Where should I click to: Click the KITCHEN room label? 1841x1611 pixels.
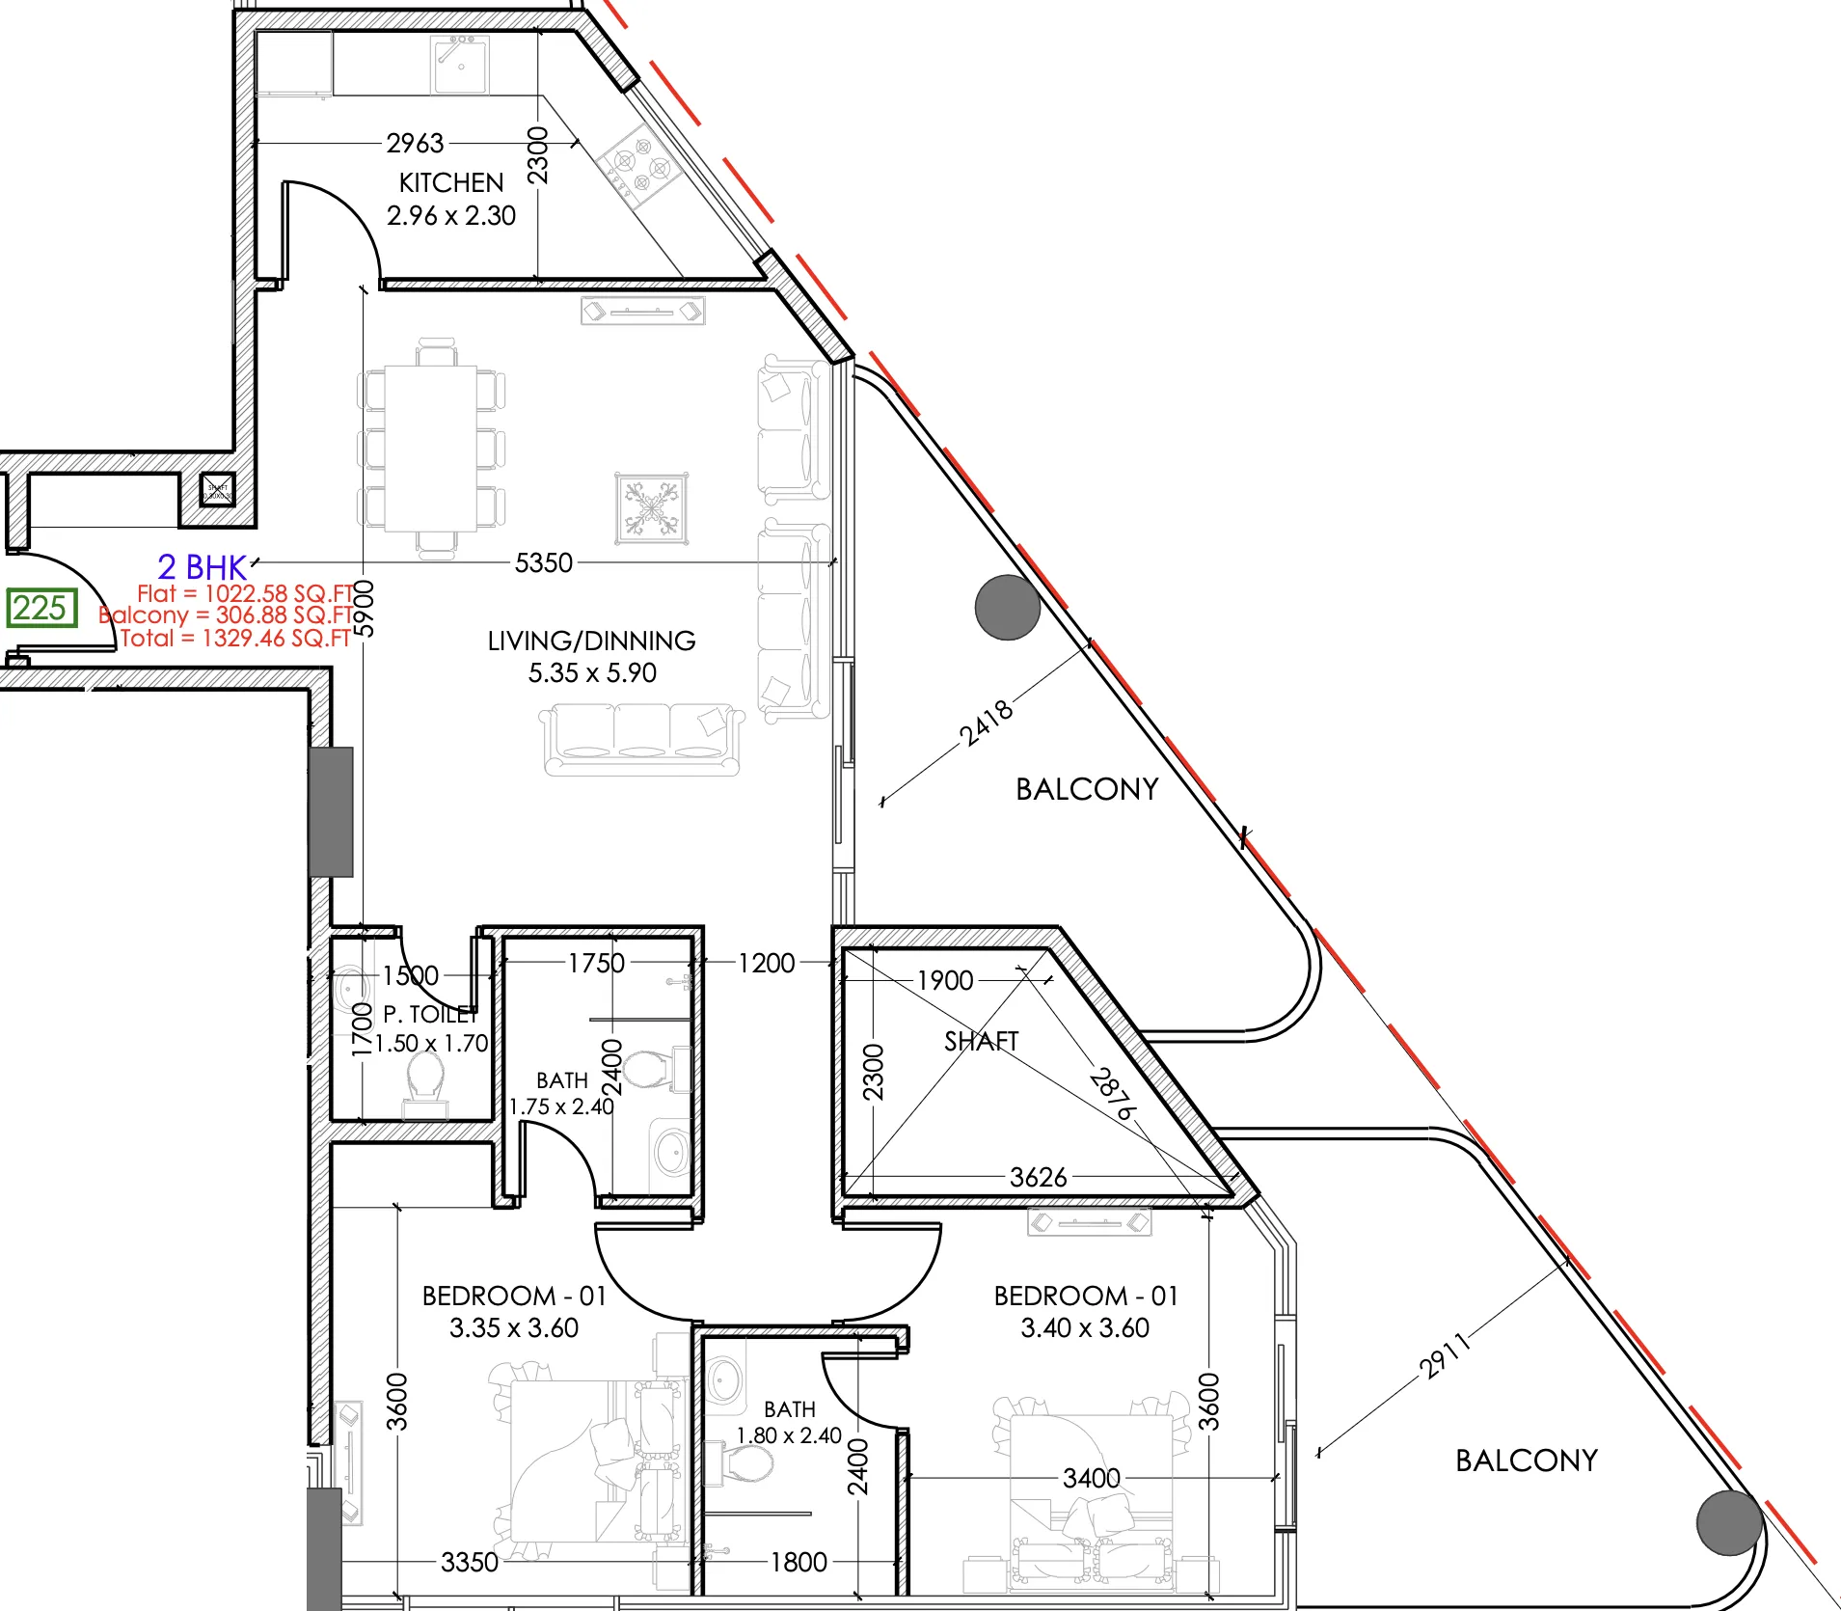point(451,182)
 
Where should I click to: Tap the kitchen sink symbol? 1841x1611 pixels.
point(459,65)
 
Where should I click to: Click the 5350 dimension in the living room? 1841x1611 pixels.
point(544,562)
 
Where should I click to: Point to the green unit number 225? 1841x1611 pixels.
point(41,608)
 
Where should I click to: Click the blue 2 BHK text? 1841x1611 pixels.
point(203,566)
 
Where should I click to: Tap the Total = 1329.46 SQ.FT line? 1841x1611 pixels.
point(236,638)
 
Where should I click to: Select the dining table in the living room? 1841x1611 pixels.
point(431,448)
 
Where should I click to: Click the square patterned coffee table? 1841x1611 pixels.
point(653,507)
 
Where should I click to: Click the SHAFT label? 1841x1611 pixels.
point(981,1041)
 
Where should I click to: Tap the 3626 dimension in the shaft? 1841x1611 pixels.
point(1039,1177)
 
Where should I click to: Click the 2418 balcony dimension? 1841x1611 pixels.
point(987,723)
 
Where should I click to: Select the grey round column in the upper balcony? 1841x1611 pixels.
point(1007,607)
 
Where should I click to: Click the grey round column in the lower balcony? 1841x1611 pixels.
point(1730,1522)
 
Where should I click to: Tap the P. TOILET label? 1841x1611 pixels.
point(430,1014)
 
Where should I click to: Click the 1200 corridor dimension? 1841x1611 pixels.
point(767,963)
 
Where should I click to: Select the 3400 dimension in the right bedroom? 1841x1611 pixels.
point(1091,1478)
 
